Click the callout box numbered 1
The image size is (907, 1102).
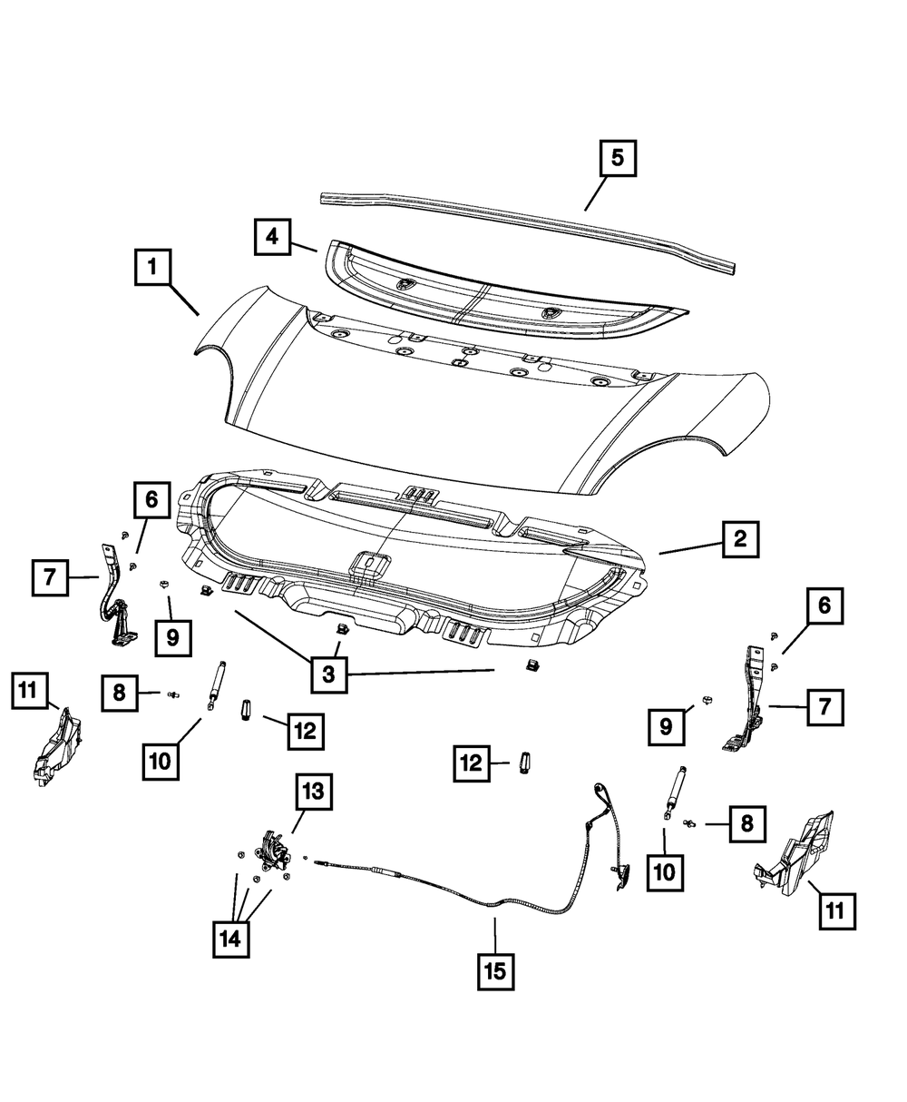point(153,269)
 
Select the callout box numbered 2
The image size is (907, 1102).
point(739,540)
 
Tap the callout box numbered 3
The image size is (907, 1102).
point(328,674)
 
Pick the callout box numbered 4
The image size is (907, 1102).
point(272,239)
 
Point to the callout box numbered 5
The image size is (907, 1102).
point(617,159)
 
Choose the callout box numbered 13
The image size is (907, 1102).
point(311,792)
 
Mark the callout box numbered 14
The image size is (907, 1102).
point(230,940)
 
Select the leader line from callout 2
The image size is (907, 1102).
point(689,547)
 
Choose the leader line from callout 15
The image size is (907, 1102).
point(495,935)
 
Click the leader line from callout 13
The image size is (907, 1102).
point(297,822)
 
